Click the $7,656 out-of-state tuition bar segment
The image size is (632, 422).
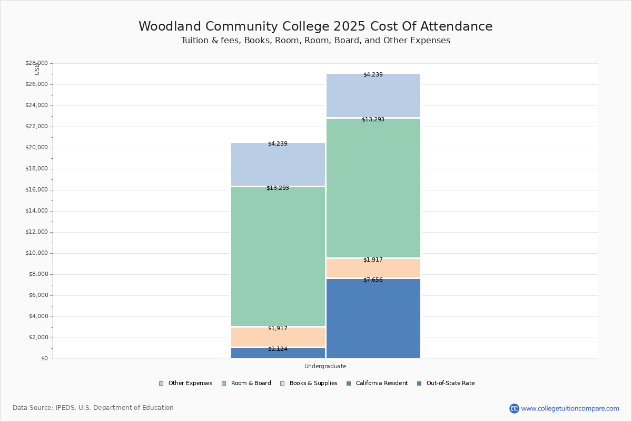pos(373,319)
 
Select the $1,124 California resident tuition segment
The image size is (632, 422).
pos(278,353)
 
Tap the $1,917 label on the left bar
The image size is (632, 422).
pos(278,329)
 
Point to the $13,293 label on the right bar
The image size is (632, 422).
pos(373,120)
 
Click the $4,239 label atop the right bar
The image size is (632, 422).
pos(373,75)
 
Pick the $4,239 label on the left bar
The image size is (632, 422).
pos(278,144)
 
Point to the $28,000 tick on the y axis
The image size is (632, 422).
pos(36,63)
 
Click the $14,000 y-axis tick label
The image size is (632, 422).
pos(36,211)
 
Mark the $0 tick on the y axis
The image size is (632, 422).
pos(44,359)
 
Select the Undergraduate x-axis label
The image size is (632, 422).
pos(325,366)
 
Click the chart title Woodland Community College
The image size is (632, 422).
pos(315,26)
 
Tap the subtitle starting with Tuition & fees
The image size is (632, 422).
pos(315,41)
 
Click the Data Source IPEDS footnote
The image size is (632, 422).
pos(93,408)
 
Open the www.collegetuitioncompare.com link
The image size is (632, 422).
pos(570,408)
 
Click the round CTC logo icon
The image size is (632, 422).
pos(514,408)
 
